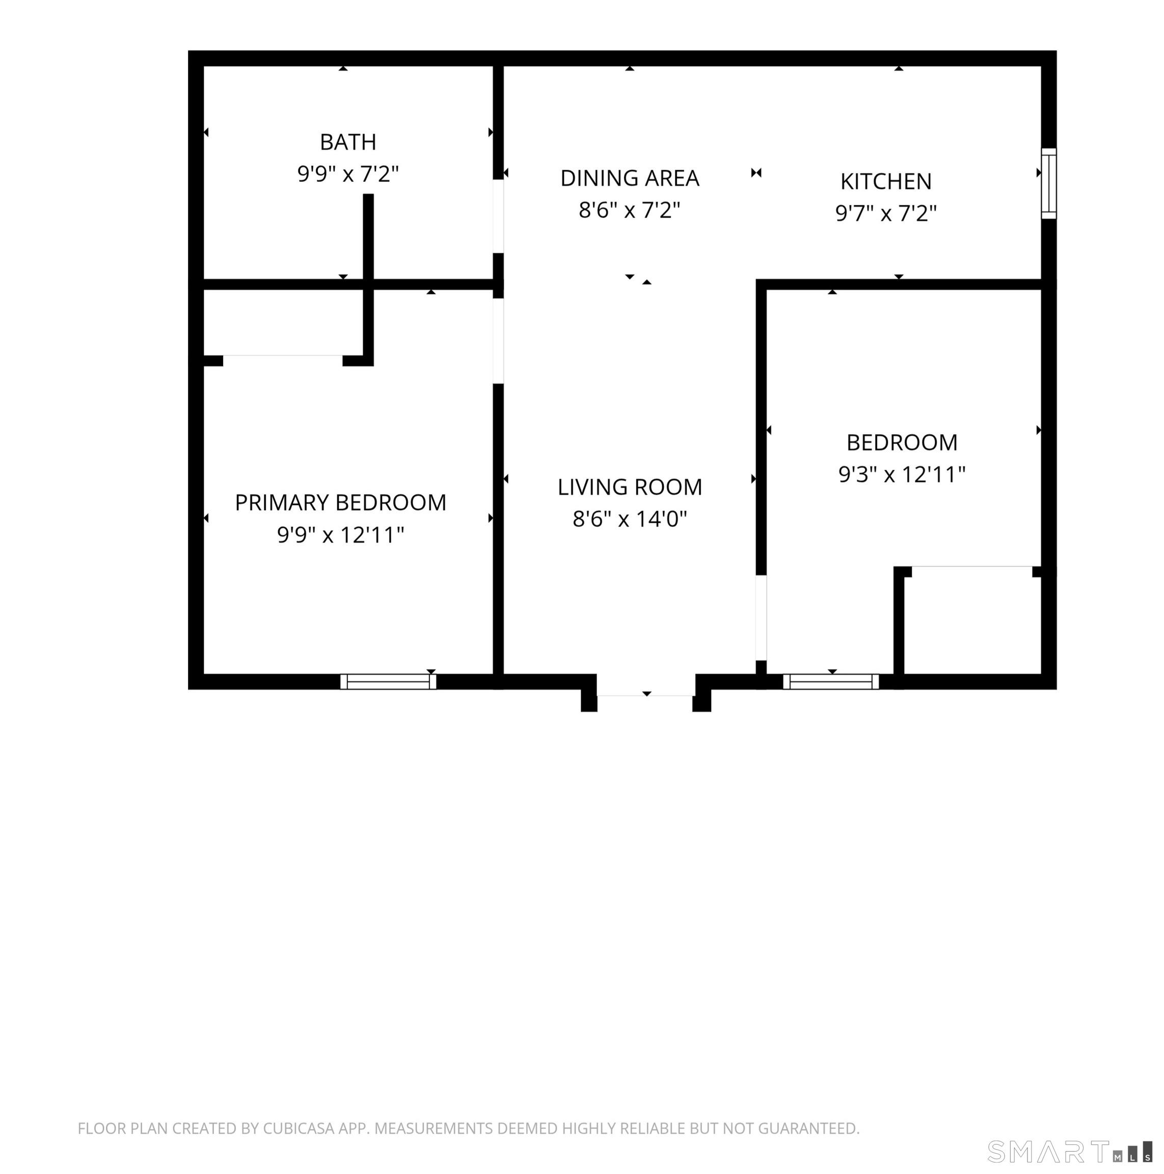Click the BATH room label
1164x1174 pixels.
[x=347, y=142]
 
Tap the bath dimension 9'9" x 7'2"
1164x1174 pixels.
[x=347, y=174]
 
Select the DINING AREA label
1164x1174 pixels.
[x=630, y=178]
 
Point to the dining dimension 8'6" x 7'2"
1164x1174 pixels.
[x=630, y=210]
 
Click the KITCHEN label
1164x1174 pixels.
[x=886, y=181]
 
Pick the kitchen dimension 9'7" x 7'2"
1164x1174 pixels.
[x=886, y=214]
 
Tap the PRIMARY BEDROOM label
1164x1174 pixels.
[x=340, y=502]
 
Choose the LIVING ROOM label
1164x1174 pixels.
[x=630, y=487]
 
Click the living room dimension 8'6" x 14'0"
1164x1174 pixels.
[x=630, y=519]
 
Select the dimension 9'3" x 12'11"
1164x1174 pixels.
[x=902, y=474]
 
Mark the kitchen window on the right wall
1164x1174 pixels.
[x=1048, y=183]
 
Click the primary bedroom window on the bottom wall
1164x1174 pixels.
[x=388, y=681]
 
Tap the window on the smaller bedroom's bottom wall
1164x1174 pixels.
[x=830, y=681]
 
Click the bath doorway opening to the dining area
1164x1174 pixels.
[x=498, y=216]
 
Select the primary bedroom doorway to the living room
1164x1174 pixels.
[x=498, y=341]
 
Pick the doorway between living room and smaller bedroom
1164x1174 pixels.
[x=761, y=618]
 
